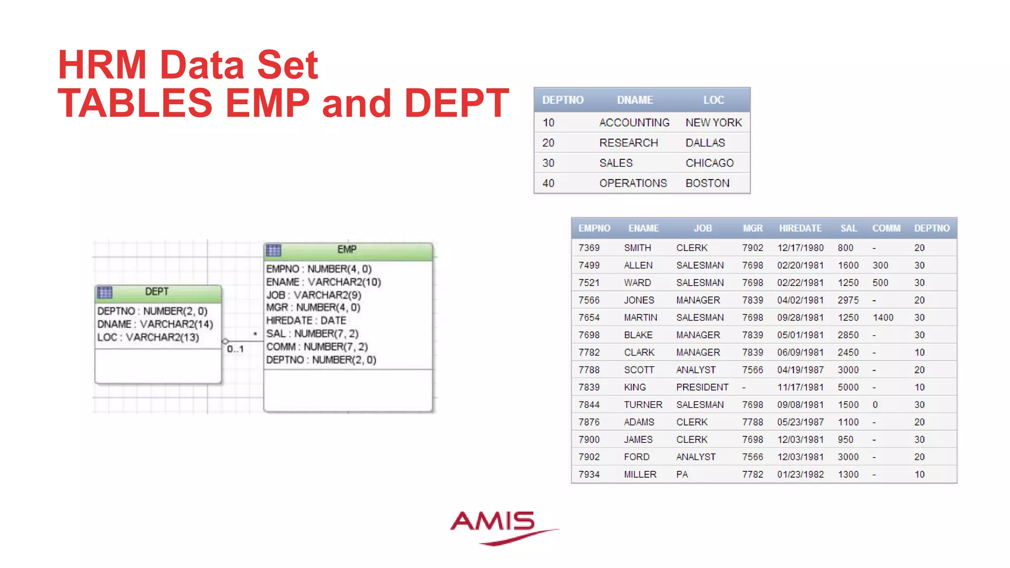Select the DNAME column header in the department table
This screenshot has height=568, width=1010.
[635, 100]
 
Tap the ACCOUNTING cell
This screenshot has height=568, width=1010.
[634, 123]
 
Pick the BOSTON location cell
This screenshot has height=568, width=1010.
[707, 183]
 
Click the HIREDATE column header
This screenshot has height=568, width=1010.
[800, 228]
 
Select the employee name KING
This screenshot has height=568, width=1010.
[635, 388]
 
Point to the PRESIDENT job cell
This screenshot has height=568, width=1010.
[702, 388]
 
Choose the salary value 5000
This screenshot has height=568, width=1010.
[848, 388]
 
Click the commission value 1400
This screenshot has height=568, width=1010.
[883, 318]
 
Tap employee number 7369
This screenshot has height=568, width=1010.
[589, 248]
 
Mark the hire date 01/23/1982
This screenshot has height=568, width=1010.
[800, 474]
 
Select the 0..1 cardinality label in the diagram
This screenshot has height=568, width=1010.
[235, 349]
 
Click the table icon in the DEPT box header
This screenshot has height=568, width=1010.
[105, 292]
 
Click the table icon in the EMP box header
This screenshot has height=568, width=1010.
[273, 250]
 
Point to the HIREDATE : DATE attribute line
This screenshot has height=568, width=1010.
[306, 320]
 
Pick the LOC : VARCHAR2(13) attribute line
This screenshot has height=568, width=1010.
[148, 337]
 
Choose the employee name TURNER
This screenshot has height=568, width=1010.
[643, 405]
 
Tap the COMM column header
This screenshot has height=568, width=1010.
[886, 228]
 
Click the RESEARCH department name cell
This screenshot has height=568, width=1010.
[628, 143]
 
